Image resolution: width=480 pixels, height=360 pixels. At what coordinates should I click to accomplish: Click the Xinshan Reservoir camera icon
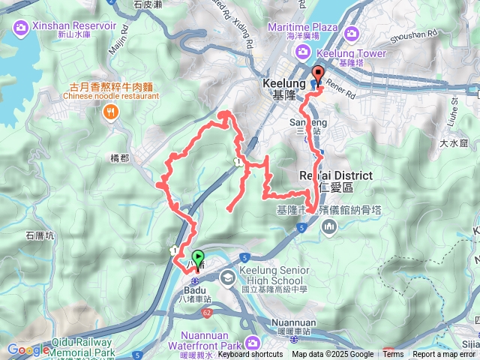click(x=20, y=28)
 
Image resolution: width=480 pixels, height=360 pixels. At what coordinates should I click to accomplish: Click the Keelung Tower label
click(x=355, y=53)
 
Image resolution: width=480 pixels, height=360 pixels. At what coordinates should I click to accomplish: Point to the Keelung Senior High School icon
click(x=226, y=277)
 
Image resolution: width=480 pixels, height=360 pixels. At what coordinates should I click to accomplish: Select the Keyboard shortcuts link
click(x=251, y=355)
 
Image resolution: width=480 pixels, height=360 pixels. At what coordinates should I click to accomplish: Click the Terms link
click(x=393, y=355)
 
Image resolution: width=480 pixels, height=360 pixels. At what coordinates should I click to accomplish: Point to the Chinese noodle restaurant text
click(x=111, y=96)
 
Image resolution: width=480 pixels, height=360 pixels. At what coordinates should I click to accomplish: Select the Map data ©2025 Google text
click(x=332, y=355)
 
